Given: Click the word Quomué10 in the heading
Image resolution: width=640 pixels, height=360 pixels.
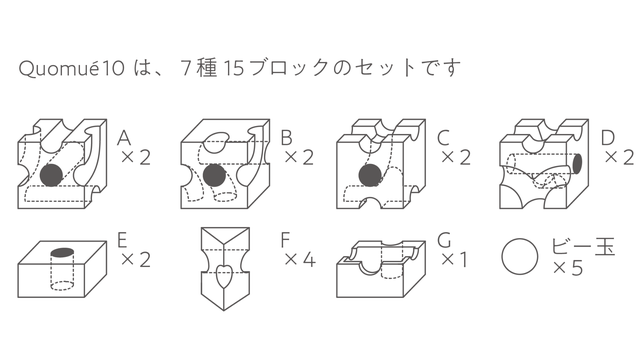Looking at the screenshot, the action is pos(71,68).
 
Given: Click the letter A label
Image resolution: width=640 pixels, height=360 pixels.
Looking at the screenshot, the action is pos(124,138).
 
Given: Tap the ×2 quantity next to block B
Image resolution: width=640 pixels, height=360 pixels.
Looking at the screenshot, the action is pos(299,157).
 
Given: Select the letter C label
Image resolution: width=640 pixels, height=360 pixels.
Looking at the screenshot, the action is pos(443,138).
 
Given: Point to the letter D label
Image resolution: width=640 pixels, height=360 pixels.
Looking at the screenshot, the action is pos(607,138).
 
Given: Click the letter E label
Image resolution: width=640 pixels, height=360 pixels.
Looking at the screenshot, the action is pos(122,240).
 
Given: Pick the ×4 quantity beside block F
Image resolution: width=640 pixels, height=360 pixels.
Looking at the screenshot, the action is pos(300,260).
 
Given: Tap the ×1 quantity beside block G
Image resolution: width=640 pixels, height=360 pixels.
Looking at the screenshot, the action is pos(454,260).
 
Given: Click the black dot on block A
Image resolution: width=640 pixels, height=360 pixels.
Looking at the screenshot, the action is pos(51,175).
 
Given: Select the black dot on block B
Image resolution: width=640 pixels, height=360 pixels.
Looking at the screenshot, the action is pos(214,175).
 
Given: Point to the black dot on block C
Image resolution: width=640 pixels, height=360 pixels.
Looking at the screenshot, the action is pos(370,175).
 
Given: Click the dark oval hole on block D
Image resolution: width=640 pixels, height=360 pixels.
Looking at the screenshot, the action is pos(577,164).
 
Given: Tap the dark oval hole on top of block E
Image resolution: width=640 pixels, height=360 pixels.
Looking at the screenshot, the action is pos(62,252).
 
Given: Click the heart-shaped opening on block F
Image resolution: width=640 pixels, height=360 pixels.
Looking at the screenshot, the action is pos(223,276).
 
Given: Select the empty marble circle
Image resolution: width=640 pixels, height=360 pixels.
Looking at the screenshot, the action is pos(520,257).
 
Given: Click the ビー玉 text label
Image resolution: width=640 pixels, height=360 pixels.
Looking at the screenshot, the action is pos(583,247).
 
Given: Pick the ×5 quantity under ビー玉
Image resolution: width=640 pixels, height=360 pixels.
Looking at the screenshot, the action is pos(568,268).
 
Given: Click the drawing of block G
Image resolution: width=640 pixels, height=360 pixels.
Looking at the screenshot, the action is pos(381,269).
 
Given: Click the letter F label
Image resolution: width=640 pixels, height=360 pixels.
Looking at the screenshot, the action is pos(285,240).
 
